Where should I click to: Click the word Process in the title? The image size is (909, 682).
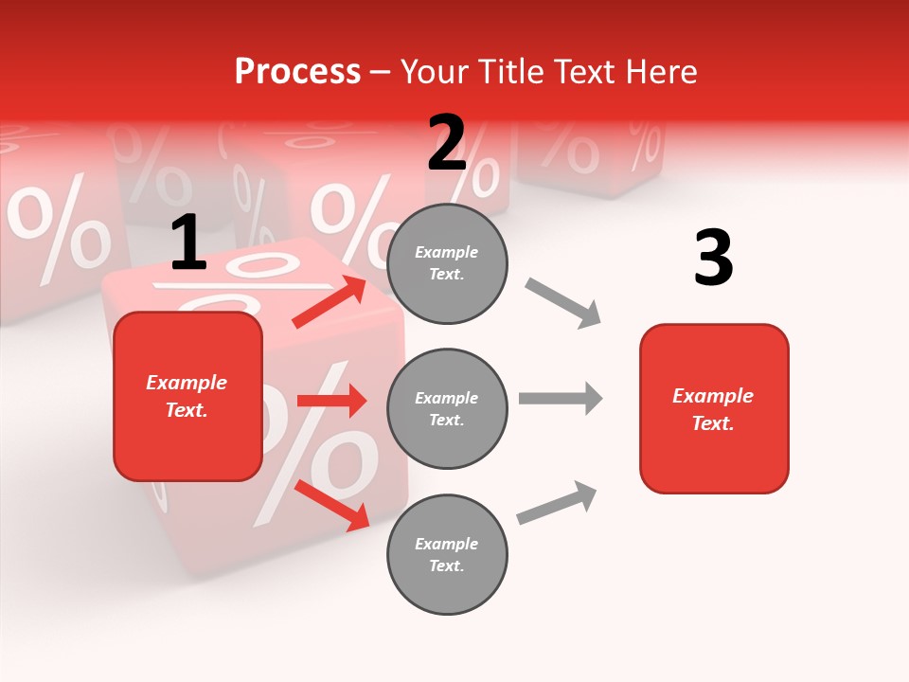point(297,72)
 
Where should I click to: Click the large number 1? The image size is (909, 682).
point(188,243)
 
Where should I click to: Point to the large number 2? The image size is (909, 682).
point(447,143)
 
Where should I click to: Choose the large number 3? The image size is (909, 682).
point(713,258)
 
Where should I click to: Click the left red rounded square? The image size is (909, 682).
point(187,396)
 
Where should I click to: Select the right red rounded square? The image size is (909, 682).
point(714,408)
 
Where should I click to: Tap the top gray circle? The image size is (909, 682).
point(447,263)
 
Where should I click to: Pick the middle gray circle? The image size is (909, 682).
point(447,408)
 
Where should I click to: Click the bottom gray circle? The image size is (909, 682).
point(447,554)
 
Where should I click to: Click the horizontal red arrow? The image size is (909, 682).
point(331,401)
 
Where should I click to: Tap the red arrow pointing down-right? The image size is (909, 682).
point(331,505)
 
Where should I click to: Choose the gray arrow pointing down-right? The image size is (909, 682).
point(562,302)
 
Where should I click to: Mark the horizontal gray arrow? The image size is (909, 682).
point(560,398)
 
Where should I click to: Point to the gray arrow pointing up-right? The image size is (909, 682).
point(557,502)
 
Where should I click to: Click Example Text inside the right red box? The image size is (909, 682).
point(713,409)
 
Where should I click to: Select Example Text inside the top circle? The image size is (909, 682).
point(446,263)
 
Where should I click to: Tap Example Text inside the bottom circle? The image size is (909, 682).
point(446,555)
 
